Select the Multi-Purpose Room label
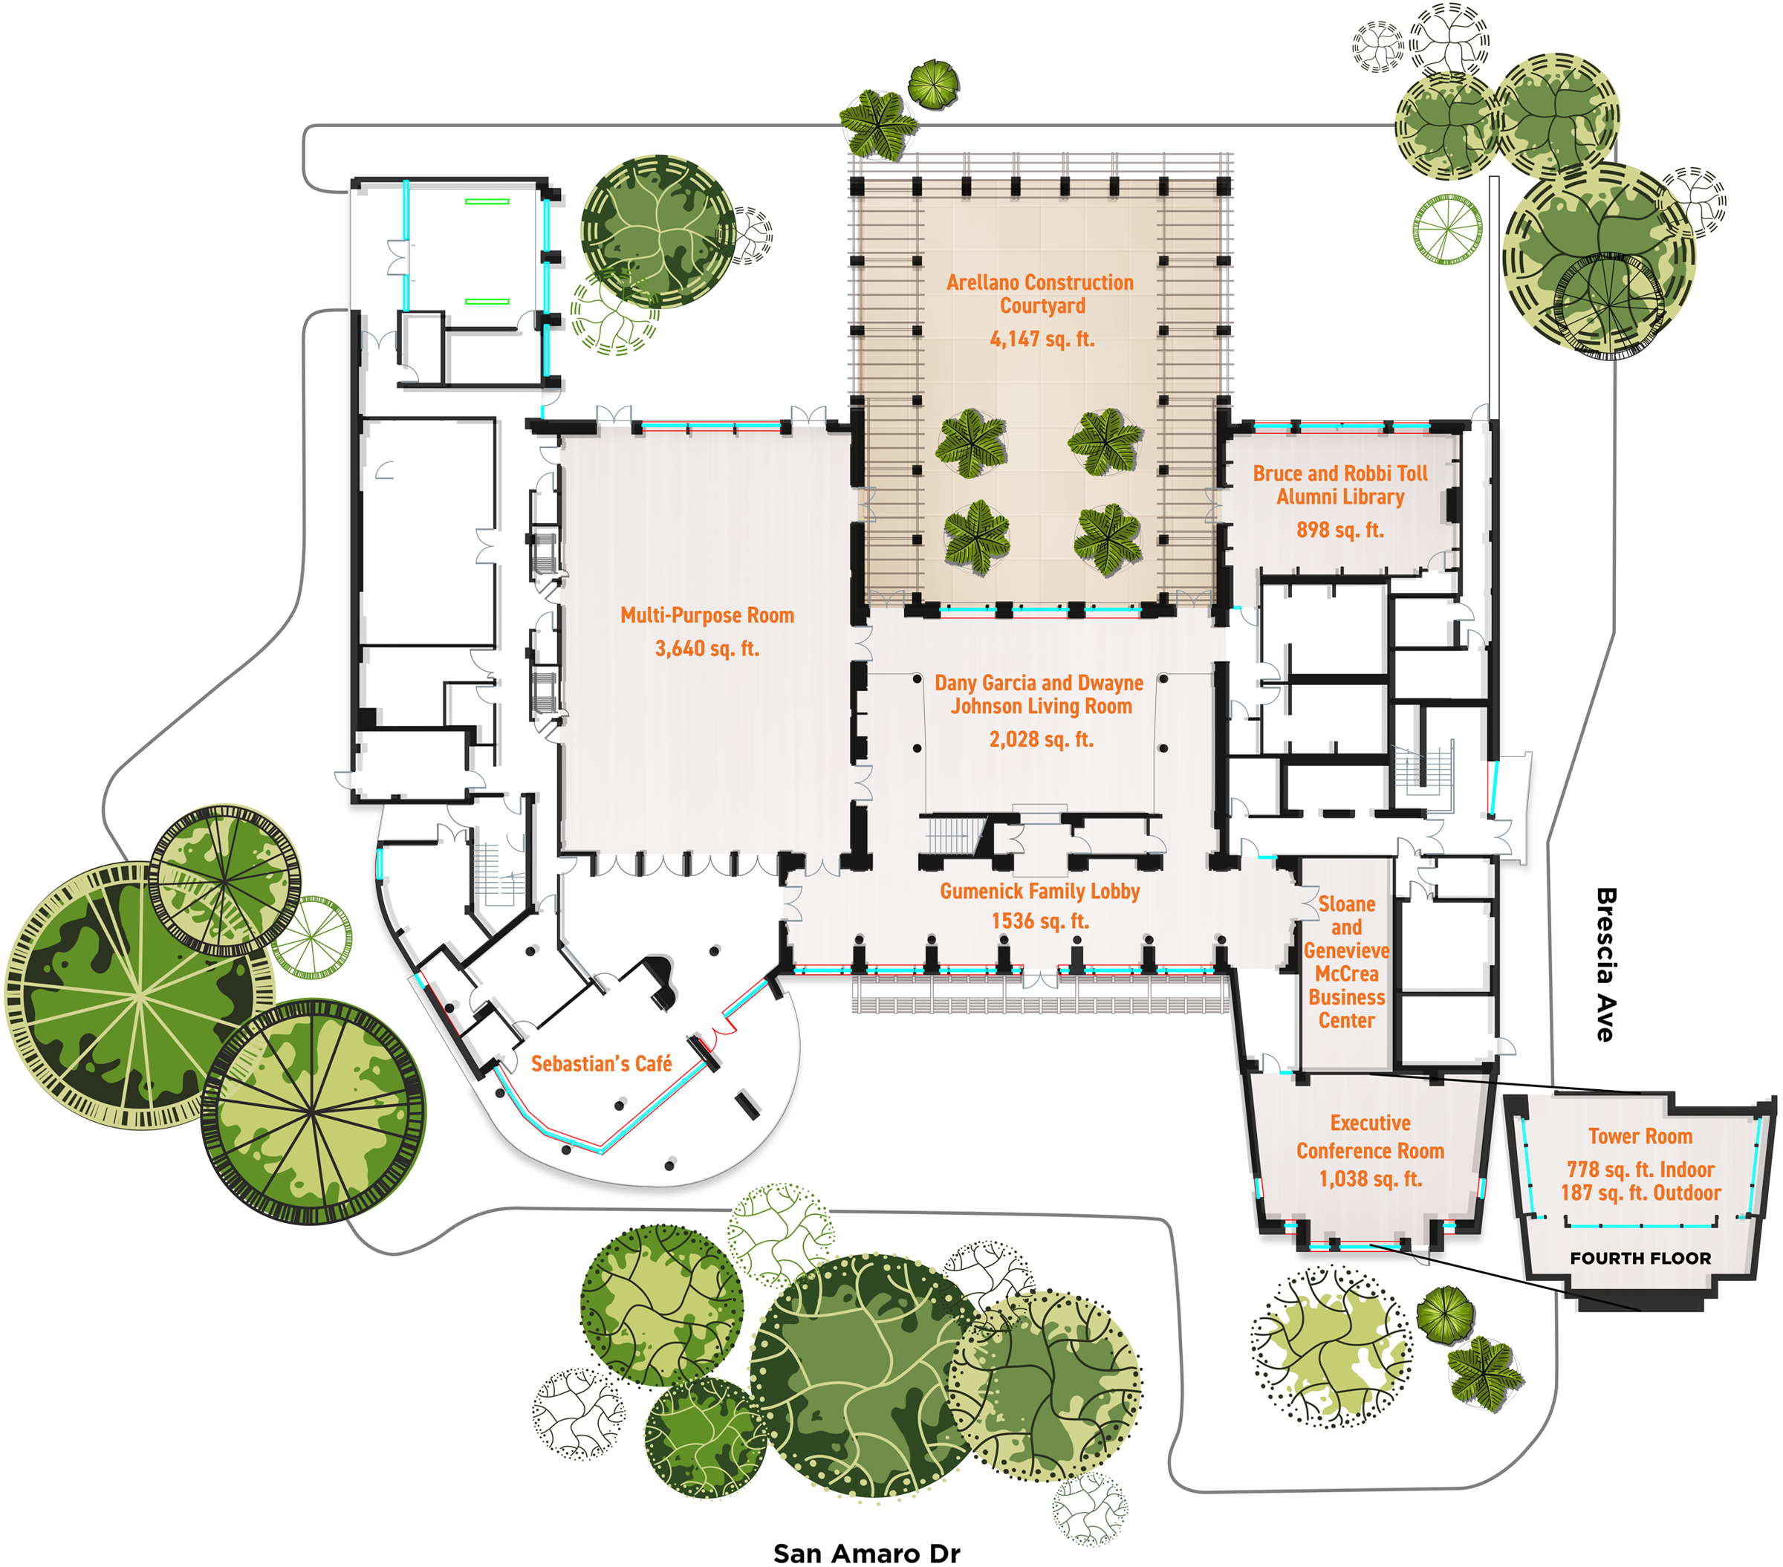[x=707, y=615]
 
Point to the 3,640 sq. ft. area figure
[x=707, y=648]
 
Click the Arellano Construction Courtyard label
[x=1040, y=294]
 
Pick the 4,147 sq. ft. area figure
[x=1042, y=339]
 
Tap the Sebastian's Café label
[x=601, y=1063]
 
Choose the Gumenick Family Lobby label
[x=1040, y=891]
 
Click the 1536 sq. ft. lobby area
[x=1040, y=921]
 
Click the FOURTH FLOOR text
[x=1640, y=1258]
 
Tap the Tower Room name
[x=1640, y=1136]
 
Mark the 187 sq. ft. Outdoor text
[x=1640, y=1193]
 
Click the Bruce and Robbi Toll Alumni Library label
[x=1340, y=485]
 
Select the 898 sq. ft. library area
[x=1340, y=530]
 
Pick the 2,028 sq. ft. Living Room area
[x=1041, y=740]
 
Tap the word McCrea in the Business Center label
[x=1346, y=973]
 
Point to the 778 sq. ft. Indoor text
[x=1640, y=1169]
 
